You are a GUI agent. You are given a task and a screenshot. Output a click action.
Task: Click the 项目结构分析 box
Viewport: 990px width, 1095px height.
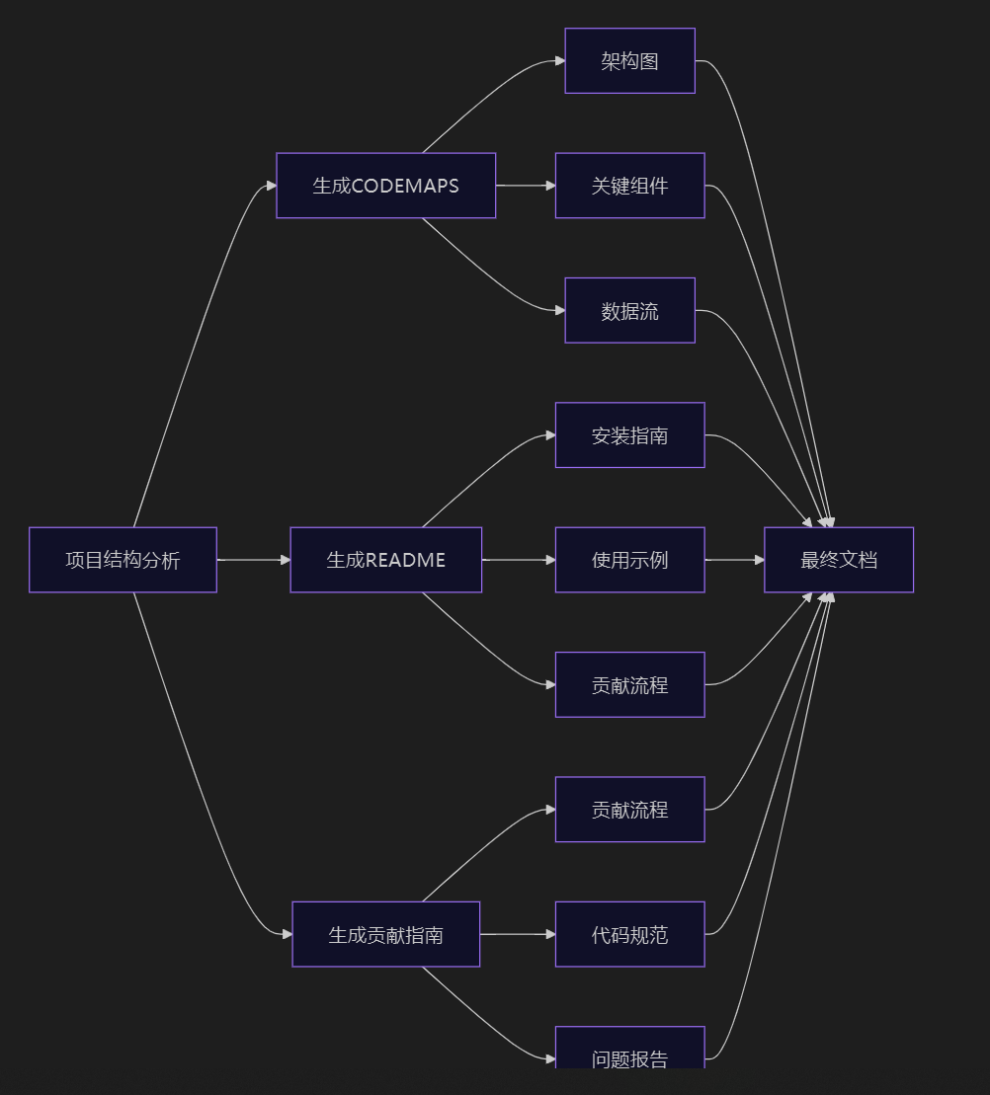click(123, 560)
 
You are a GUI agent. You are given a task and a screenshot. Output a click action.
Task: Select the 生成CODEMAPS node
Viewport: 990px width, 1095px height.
click(385, 186)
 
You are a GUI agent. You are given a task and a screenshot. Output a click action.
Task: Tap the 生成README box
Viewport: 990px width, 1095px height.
click(385, 560)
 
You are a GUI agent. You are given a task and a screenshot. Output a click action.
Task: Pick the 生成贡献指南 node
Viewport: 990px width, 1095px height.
click(385, 934)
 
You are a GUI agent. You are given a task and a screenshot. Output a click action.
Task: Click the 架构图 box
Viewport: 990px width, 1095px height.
click(629, 61)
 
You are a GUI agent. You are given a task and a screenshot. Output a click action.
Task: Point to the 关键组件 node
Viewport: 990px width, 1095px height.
click(629, 186)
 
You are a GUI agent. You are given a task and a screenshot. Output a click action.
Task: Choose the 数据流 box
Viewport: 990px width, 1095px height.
click(629, 311)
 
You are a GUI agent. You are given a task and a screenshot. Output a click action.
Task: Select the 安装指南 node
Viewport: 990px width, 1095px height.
click(629, 435)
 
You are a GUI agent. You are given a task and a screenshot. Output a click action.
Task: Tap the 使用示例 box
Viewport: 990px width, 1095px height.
click(629, 560)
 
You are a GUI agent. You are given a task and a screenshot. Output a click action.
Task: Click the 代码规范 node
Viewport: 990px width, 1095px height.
click(629, 934)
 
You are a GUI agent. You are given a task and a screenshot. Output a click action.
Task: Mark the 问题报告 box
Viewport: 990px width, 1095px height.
click(629, 1053)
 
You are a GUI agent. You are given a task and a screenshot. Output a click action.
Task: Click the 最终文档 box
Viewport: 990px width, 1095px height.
click(838, 560)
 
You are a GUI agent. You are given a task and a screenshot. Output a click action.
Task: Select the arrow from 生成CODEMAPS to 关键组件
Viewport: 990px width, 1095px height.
click(526, 186)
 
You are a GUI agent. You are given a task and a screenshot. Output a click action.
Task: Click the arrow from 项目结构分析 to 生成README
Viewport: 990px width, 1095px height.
click(253, 560)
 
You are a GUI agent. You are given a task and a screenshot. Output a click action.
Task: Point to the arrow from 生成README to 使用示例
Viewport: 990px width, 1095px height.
click(519, 560)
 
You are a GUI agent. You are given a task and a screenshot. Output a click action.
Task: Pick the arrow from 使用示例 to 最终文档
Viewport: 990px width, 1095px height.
click(734, 560)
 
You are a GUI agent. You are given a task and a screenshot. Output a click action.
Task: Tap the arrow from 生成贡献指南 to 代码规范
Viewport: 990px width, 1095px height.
click(518, 934)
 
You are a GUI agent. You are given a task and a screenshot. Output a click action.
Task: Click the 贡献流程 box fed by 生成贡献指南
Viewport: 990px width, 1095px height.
click(629, 810)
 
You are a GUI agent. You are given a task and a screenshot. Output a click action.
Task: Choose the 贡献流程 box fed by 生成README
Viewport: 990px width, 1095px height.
click(629, 684)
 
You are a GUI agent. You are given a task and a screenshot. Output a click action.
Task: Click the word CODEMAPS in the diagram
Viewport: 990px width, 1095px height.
click(405, 186)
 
